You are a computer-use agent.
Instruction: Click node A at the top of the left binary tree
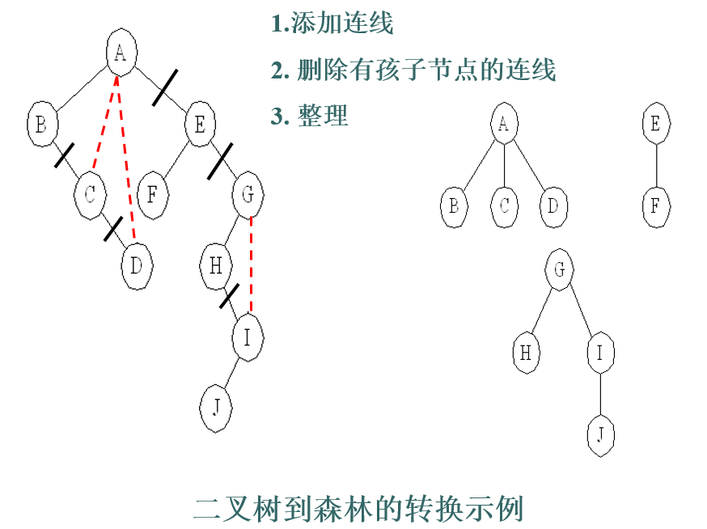click(x=121, y=53)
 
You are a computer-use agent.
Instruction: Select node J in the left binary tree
click(x=216, y=408)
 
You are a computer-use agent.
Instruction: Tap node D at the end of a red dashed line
click(x=137, y=266)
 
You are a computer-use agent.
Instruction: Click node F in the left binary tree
click(x=152, y=195)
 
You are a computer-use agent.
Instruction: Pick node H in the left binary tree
click(x=216, y=266)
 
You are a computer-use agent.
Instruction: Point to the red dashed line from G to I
click(x=251, y=264)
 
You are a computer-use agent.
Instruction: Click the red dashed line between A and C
click(x=104, y=123)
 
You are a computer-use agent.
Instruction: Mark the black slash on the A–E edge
click(x=165, y=88)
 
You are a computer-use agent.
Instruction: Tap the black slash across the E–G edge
click(x=220, y=161)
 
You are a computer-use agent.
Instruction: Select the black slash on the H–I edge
click(x=230, y=296)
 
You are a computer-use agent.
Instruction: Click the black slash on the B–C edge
click(x=65, y=155)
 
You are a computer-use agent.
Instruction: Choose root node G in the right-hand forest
click(x=559, y=269)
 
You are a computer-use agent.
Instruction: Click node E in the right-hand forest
click(x=656, y=123)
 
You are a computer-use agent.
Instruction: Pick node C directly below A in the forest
click(x=504, y=206)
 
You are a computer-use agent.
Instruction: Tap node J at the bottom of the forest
click(x=600, y=435)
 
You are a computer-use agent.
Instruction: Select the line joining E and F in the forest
click(x=656, y=165)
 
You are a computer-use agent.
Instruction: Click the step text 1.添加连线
click(x=332, y=23)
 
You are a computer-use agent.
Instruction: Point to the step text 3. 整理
click(x=309, y=116)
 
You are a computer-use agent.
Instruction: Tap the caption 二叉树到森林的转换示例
click(x=358, y=509)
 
